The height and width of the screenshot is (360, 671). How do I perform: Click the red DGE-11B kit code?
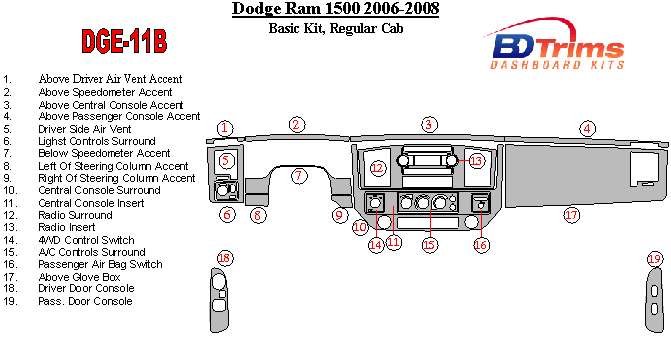(124, 41)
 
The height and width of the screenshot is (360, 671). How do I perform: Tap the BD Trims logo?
(556, 44)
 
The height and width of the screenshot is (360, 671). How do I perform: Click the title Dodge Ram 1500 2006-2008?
(336, 9)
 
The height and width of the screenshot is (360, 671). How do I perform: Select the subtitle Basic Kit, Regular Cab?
(336, 28)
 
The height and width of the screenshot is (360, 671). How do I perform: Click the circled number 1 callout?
(225, 128)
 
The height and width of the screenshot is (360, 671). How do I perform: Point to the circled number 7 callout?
(299, 176)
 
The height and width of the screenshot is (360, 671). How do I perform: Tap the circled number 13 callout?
(476, 161)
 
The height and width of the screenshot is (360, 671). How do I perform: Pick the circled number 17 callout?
(571, 214)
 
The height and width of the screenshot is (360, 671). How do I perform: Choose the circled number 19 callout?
(654, 259)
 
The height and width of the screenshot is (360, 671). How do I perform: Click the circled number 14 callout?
(376, 245)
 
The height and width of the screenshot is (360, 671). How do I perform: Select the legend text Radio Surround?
(75, 215)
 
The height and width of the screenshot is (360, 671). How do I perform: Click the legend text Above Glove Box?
(79, 277)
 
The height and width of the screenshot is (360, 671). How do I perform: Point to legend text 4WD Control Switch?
(86, 240)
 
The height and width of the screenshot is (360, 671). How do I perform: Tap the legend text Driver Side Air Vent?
(85, 129)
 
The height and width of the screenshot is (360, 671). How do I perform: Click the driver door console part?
(219, 300)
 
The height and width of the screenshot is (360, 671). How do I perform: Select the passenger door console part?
(654, 300)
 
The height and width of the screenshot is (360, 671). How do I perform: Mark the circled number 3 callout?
(429, 125)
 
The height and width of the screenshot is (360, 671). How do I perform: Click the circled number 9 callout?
(339, 215)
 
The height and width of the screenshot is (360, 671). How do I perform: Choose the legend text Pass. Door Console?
(85, 301)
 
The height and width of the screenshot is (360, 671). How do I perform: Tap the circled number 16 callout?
(481, 245)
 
